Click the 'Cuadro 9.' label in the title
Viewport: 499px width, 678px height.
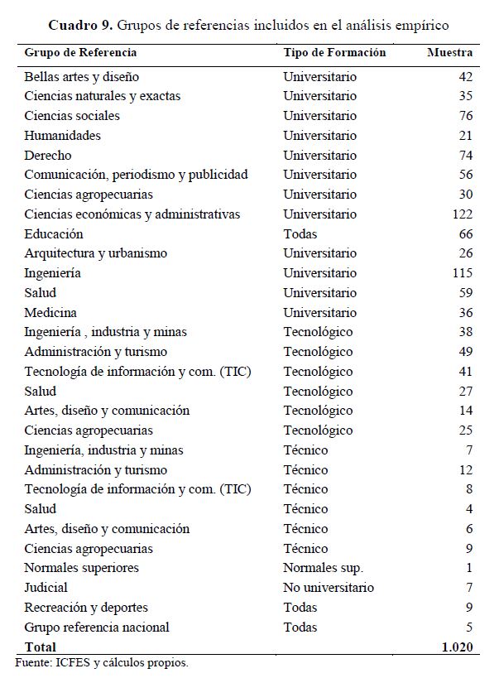(82, 24)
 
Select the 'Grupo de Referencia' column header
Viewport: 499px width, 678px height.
(80, 53)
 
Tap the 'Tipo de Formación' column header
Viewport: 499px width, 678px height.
(334, 53)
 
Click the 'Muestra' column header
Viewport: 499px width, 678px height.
(449, 53)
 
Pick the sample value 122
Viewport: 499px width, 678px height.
(461, 214)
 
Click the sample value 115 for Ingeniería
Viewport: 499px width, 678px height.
(461, 273)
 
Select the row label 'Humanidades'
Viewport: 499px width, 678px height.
(62, 136)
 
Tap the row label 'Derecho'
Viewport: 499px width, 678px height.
(48, 156)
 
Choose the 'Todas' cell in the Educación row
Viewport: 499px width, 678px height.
(300, 234)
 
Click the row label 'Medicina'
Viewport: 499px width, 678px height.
(50, 313)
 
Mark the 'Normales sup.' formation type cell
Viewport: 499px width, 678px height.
(323, 568)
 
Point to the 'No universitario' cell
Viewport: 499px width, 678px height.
(329, 588)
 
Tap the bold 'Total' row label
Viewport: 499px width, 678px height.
(41, 647)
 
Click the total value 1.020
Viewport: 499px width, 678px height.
(457, 647)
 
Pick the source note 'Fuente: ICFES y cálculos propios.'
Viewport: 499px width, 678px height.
(103, 662)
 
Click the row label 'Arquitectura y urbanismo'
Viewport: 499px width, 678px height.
(95, 253)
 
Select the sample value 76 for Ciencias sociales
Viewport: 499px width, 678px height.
(465, 116)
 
